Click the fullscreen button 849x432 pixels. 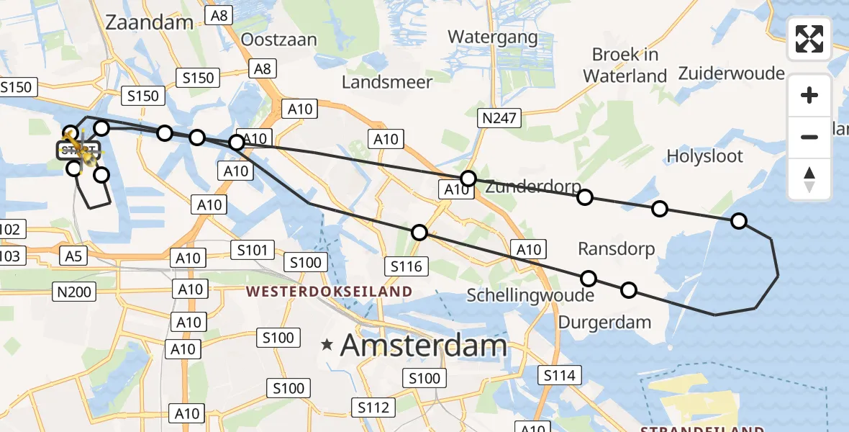(x=809, y=39)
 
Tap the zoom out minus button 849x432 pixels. (x=809, y=137)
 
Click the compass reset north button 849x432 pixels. (x=809, y=179)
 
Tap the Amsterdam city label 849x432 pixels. (x=424, y=346)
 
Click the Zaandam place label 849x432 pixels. (x=149, y=22)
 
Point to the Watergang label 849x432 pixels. (x=492, y=37)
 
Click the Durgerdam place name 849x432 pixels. (x=604, y=322)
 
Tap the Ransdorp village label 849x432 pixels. (x=617, y=249)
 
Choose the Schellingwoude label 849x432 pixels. (x=530, y=295)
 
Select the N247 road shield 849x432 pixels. (x=500, y=118)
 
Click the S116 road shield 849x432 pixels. (x=407, y=266)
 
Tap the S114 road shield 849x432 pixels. (x=559, y=375)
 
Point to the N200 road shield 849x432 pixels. (x=73, y=290)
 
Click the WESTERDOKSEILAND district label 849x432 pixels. (x=329, y=292)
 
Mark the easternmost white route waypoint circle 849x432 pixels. (x=738, y=221)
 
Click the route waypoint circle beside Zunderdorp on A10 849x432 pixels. (x=468, y=178)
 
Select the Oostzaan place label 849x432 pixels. (x=279, y=39)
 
